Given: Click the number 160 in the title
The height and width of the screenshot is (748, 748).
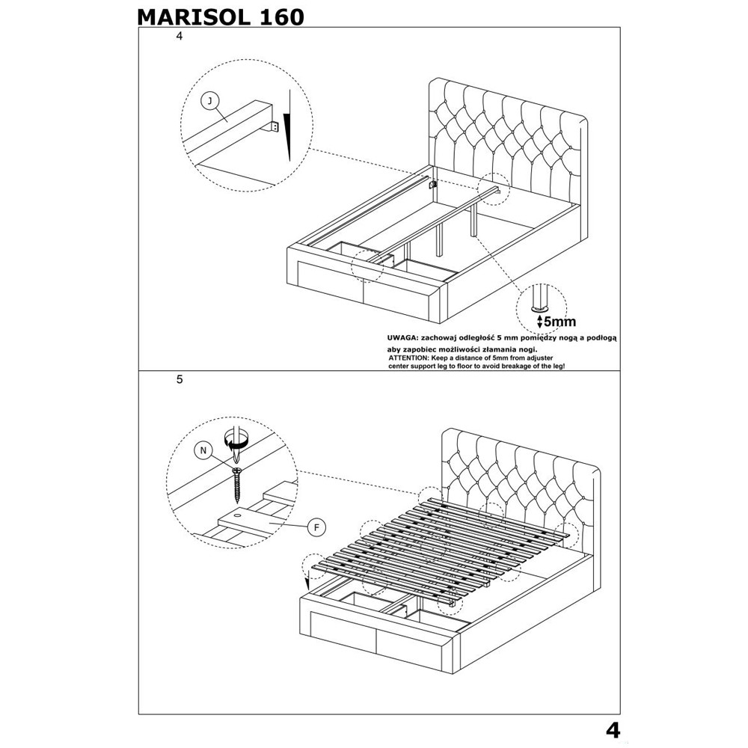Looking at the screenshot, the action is [278, 16].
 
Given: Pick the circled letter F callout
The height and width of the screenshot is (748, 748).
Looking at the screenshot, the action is [316, 527].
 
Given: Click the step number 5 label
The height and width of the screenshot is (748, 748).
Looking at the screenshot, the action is [179, 379].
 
